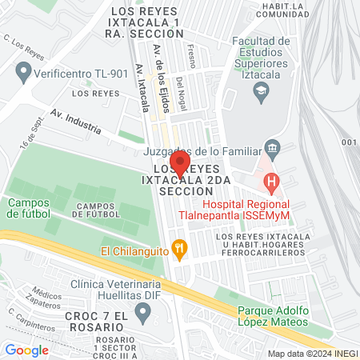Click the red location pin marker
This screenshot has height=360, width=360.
180,164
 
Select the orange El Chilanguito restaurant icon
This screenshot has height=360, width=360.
179,250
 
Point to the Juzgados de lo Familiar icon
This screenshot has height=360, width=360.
272,148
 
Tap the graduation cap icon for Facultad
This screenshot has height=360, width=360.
260,94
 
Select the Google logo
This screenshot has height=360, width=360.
26,350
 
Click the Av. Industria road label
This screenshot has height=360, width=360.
74,122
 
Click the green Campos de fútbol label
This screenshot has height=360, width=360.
30,208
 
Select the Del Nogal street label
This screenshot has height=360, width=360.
181,91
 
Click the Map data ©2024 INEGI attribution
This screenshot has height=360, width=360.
313,353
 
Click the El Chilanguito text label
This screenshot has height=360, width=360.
134,251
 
